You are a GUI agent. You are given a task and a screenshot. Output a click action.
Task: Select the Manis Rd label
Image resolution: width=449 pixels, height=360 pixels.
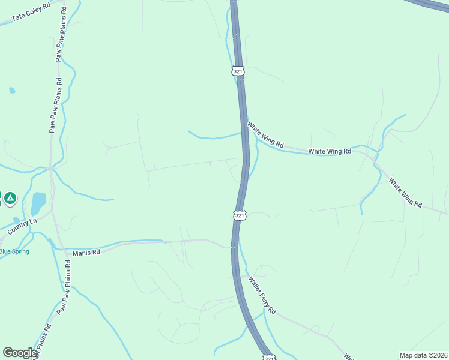tap(86, 253)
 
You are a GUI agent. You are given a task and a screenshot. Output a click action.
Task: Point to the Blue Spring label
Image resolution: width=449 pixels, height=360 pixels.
tap(14, 251)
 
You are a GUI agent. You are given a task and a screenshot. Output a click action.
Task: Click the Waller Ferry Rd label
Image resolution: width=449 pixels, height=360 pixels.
tap(262, 295)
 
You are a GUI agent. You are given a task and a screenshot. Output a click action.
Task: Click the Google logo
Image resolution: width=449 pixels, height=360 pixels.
tap(20, 352)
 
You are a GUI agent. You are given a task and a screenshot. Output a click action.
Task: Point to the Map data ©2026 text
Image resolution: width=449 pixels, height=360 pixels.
tap(423, 355)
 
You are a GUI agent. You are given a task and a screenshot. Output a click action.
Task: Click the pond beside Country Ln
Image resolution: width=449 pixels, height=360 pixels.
tap(38, 203)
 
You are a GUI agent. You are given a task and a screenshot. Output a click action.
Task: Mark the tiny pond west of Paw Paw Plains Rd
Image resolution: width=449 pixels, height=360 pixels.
tap(12, 91)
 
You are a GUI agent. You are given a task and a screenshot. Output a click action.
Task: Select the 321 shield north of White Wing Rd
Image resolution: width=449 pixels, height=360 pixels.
tap(238, 71)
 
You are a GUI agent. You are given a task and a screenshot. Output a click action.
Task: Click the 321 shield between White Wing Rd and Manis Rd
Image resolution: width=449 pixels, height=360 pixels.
tap(240, 215)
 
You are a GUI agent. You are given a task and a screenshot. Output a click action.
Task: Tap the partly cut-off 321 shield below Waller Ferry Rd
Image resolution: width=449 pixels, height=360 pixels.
tap(269, 358)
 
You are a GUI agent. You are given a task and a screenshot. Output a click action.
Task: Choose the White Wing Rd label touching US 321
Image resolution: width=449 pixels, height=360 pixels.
tap(265, 134)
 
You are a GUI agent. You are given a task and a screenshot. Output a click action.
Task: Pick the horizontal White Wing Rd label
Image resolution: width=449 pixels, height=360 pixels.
tap(330, 152)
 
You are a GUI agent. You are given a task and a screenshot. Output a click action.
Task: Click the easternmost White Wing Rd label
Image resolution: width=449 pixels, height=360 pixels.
tap(405, 192)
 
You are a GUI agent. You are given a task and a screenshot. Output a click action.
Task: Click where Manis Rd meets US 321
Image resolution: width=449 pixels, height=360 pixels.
tap(233, 246)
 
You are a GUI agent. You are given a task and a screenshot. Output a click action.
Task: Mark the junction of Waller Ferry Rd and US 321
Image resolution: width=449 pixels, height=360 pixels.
tap(239, 277)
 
